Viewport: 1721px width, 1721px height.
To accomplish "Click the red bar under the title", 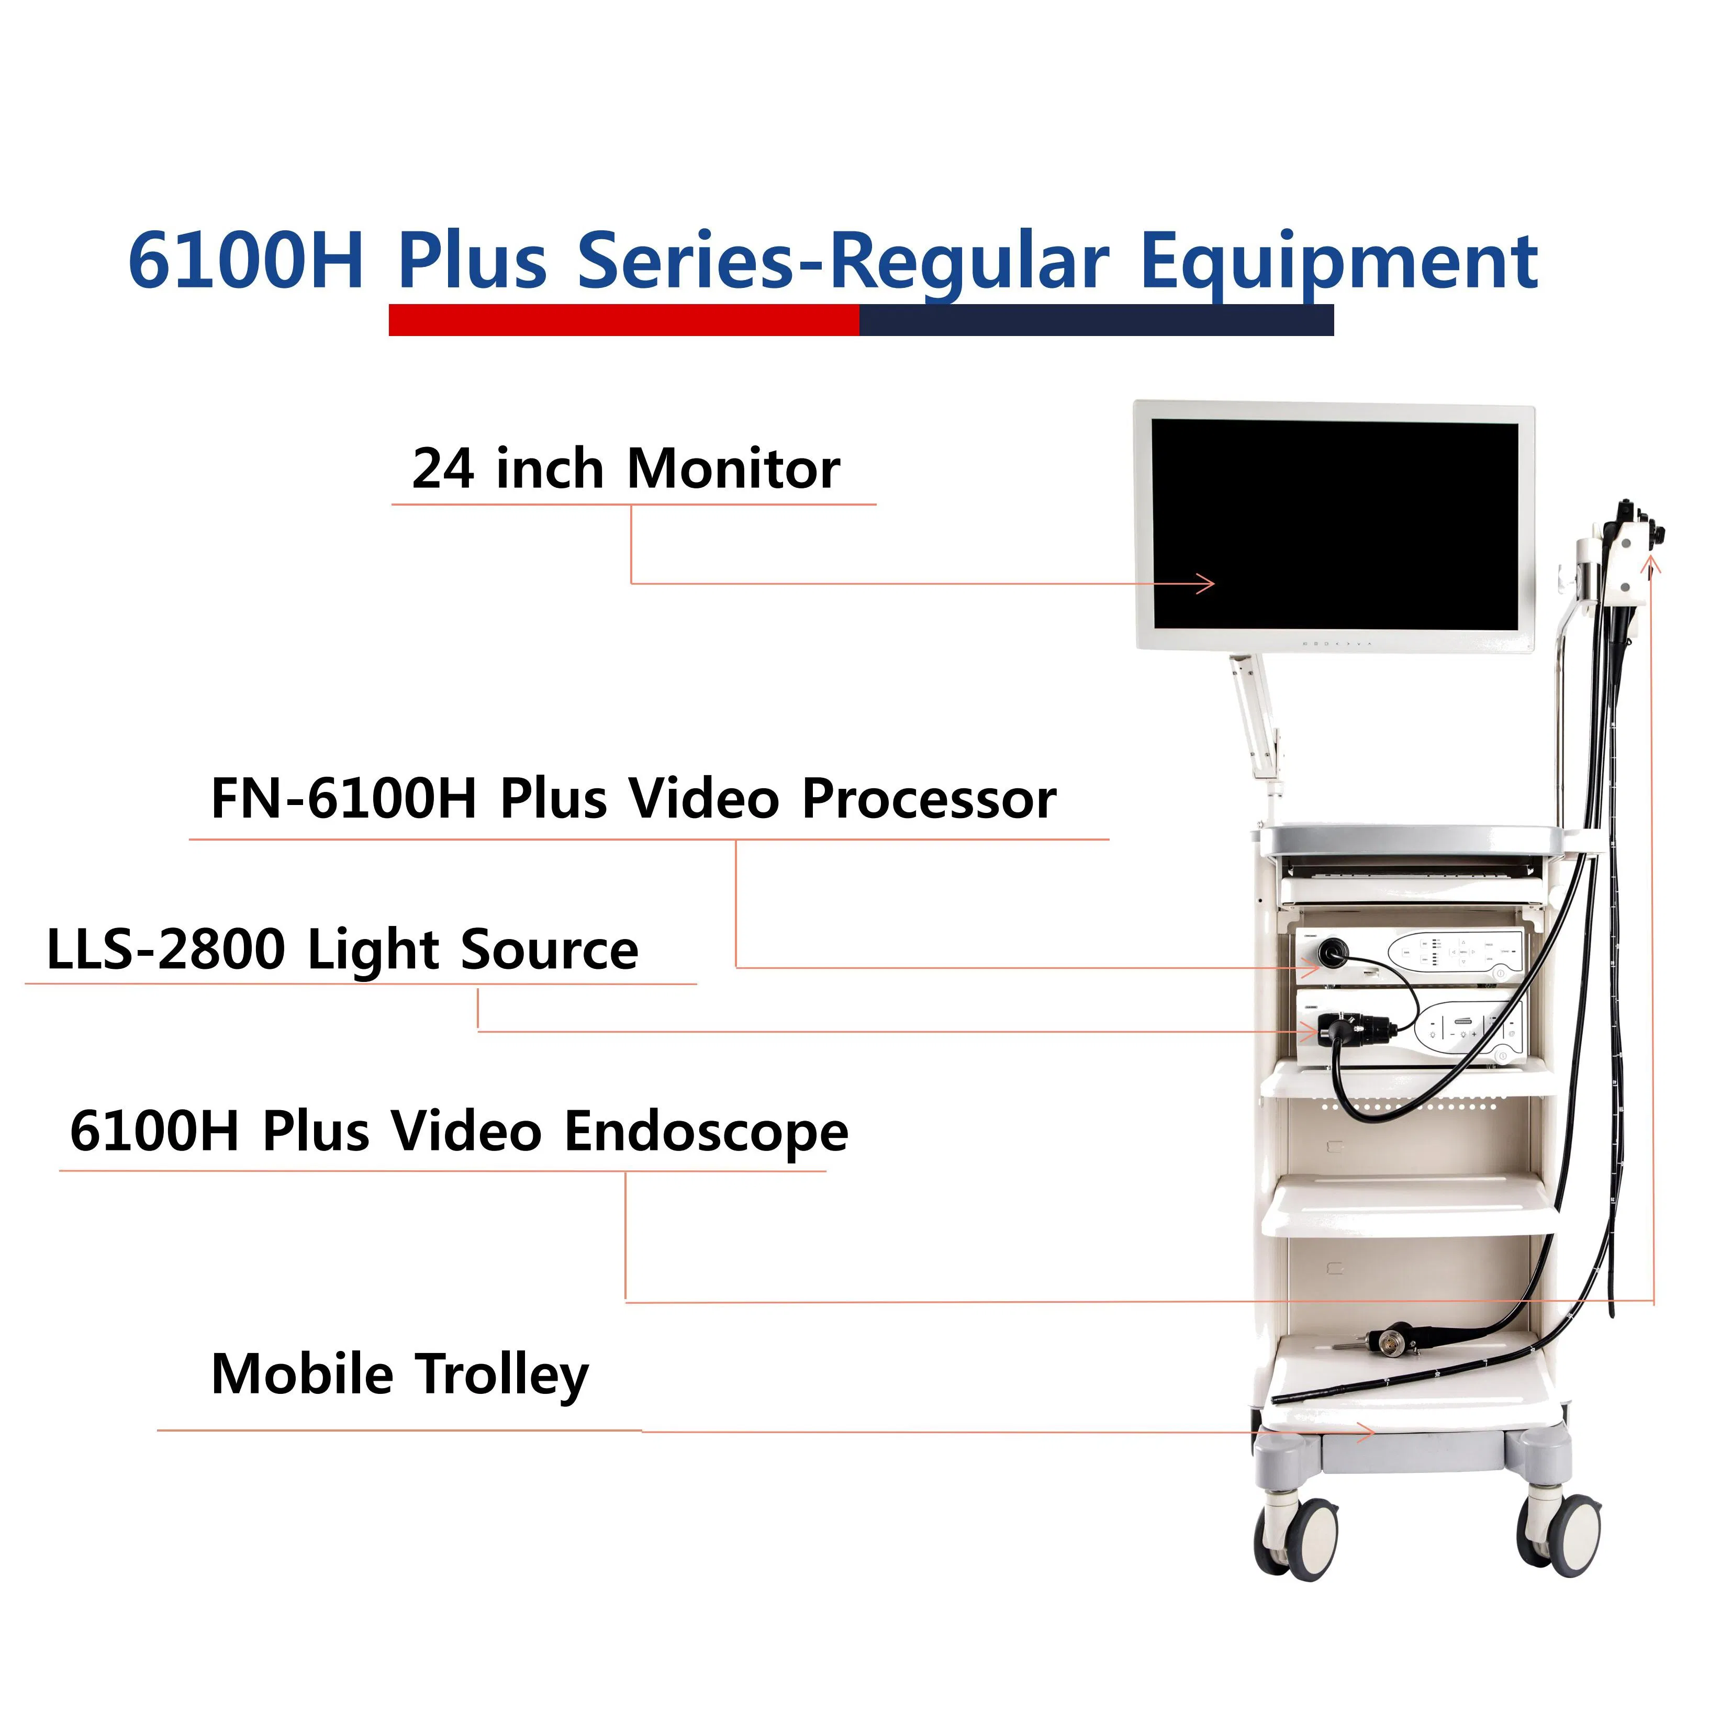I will [623, 320].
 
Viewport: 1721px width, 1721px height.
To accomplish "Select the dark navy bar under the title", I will [1096, 320].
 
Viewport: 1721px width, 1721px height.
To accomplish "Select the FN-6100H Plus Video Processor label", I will [632, 798].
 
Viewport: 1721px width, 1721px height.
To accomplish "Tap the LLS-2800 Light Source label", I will [342, 949].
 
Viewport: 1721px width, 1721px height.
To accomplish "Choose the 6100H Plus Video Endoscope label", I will [459, 1132].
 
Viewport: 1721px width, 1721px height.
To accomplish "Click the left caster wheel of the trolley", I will [1301, 1538].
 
